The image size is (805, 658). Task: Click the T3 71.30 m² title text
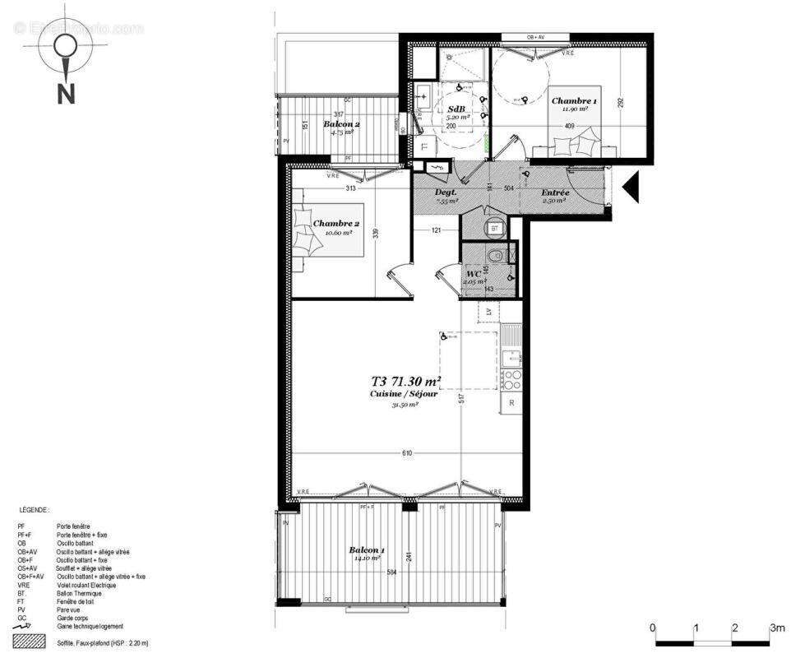click(x=406, y=382)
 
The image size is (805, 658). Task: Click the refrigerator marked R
click(x=511, y=403)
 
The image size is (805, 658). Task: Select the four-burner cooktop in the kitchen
click(x=511, y=379)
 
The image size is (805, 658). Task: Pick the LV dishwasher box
click(x=488, y=313)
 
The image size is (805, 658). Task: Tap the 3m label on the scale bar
click(x=776, y=628)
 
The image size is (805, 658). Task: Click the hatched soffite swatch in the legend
click(x=29, y=641)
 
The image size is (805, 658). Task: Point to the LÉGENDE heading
click(x=33, y=510)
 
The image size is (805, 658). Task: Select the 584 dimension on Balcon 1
click(x=392, y=571)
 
